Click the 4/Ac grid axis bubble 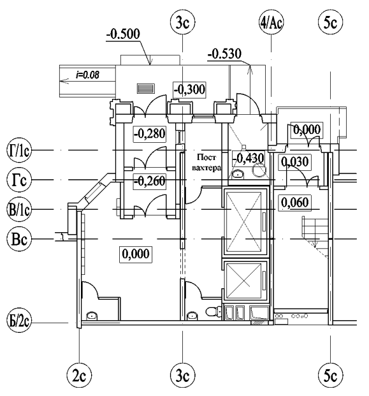tap(271, 23)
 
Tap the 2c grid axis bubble tap(79, 376)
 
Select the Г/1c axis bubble tap(19, 150)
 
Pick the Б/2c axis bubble tap(19, 321)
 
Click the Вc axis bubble tap(19, 238)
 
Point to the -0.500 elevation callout tap(123, 34)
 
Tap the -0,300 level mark tap(189, 89)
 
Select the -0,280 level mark tap(150, 134)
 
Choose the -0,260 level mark tap(150, 181)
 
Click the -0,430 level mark tap(248, 159)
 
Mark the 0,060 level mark tap(295, 203)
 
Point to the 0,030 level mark tap(295, 162)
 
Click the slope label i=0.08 tap(87, 75)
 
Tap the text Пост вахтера tap(206, 163)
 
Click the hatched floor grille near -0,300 tap(146, 89)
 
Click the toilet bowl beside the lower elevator tap(212, 311)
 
